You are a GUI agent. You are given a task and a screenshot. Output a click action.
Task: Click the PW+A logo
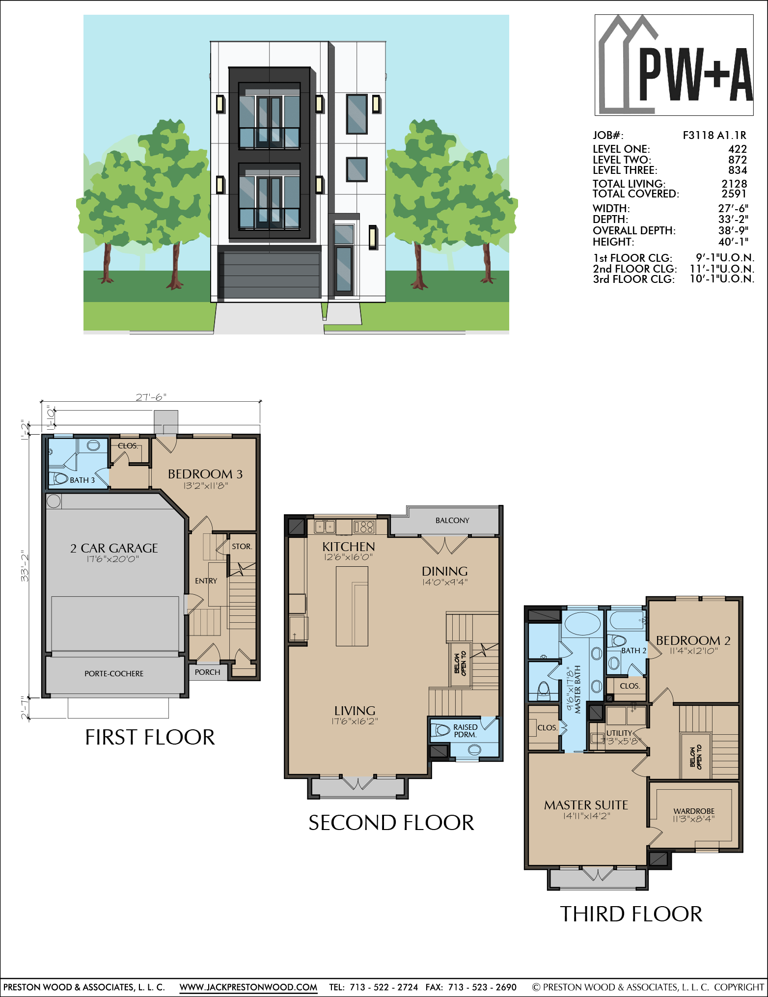[x=674, y=65]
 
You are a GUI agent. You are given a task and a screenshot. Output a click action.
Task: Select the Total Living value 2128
[x=734, y=184]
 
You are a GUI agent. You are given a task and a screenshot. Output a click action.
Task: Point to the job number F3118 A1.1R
[x=714, y=136]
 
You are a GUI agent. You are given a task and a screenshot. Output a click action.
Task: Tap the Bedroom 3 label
[x=205, y=474]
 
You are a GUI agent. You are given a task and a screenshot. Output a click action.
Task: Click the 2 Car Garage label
[x=114, y=548]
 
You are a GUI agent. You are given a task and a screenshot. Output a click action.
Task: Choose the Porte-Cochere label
[x=114, y=674]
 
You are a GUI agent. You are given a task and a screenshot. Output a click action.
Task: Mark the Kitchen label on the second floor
[x=349, y=547]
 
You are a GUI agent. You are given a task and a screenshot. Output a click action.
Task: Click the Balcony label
[x=452, y=521]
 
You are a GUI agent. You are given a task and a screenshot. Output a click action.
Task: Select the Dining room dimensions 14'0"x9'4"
[x=445, y=582]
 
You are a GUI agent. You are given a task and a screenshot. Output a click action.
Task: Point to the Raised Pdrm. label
[x=466, y=731]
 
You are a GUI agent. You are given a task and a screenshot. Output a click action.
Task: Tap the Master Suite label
[x=586, y=805]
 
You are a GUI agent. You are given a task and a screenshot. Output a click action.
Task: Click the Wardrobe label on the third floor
[x=694, y=811]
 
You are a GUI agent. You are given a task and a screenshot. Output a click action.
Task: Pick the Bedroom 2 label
[x=693, y=640]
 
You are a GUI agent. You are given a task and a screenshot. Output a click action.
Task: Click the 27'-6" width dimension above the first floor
[x=151, y=397]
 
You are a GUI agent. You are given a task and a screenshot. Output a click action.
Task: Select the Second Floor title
[x=391, y=823]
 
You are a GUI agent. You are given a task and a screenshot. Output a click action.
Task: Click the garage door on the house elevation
[x=270, y=276]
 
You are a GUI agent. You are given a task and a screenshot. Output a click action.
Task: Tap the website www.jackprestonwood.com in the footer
[x=248, y=987]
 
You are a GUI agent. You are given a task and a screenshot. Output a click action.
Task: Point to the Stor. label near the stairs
[x=242, y=547]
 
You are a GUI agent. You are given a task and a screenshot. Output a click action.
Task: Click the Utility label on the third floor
[x=619, y=733]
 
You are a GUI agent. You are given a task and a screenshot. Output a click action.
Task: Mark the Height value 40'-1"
[x=733, y=242]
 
